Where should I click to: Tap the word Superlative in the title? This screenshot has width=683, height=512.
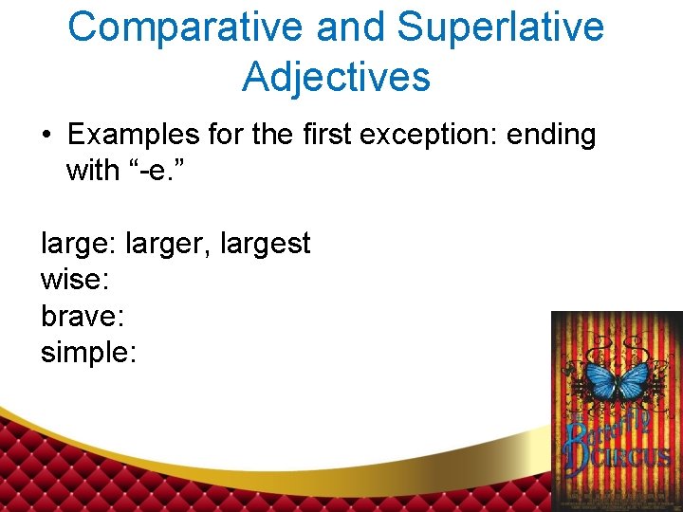[x=500, y=27]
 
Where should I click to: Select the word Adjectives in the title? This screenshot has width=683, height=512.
[x=336, y=76]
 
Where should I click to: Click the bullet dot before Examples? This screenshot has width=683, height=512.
[x=46, y=136]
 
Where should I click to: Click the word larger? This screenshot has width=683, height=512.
[x=166, y=245]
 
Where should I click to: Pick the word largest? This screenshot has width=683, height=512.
[x=265, y=245]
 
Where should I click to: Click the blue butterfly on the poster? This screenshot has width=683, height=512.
[x=618, y=382]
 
